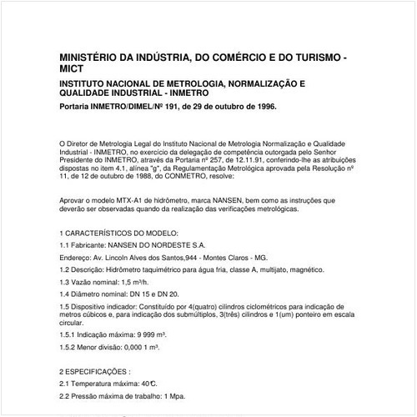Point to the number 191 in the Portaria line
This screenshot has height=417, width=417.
[163, 108]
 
